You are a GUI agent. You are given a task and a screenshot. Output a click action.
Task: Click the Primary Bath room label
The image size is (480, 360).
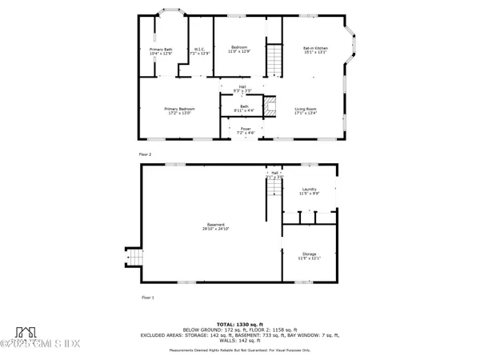(162, 53)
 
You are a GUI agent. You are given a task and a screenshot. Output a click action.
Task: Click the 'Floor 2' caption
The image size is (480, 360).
(144, 154)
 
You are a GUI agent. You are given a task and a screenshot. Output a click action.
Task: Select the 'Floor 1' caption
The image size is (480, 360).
(144, 297)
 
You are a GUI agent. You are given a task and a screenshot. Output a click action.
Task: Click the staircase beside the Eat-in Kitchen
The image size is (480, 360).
(274, 59)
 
